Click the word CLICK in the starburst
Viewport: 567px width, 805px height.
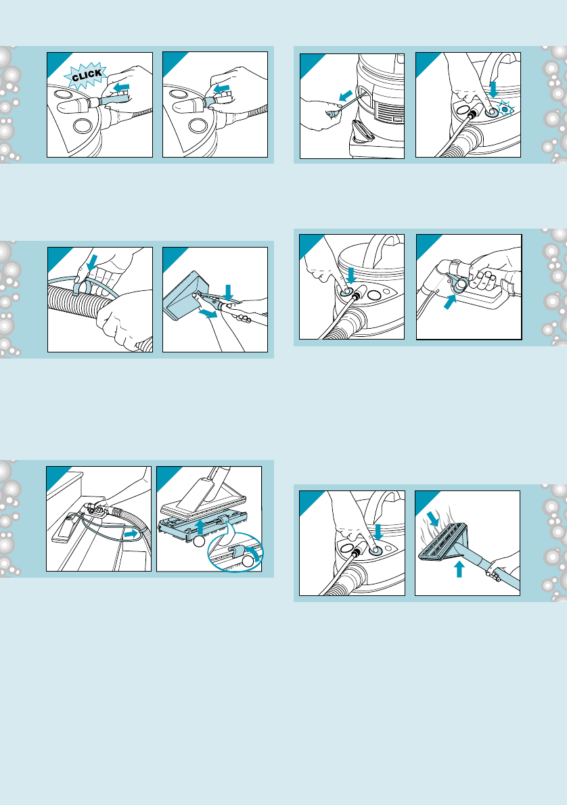87,76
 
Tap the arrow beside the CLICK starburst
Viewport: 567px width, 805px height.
122,88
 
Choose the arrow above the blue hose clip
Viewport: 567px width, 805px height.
91,263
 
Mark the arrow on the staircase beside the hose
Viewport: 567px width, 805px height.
131,534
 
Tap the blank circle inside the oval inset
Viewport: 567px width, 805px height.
248,561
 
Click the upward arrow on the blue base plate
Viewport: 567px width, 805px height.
201,527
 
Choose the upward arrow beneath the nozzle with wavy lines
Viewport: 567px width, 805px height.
459,569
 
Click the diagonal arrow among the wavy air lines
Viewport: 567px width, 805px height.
434,519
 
